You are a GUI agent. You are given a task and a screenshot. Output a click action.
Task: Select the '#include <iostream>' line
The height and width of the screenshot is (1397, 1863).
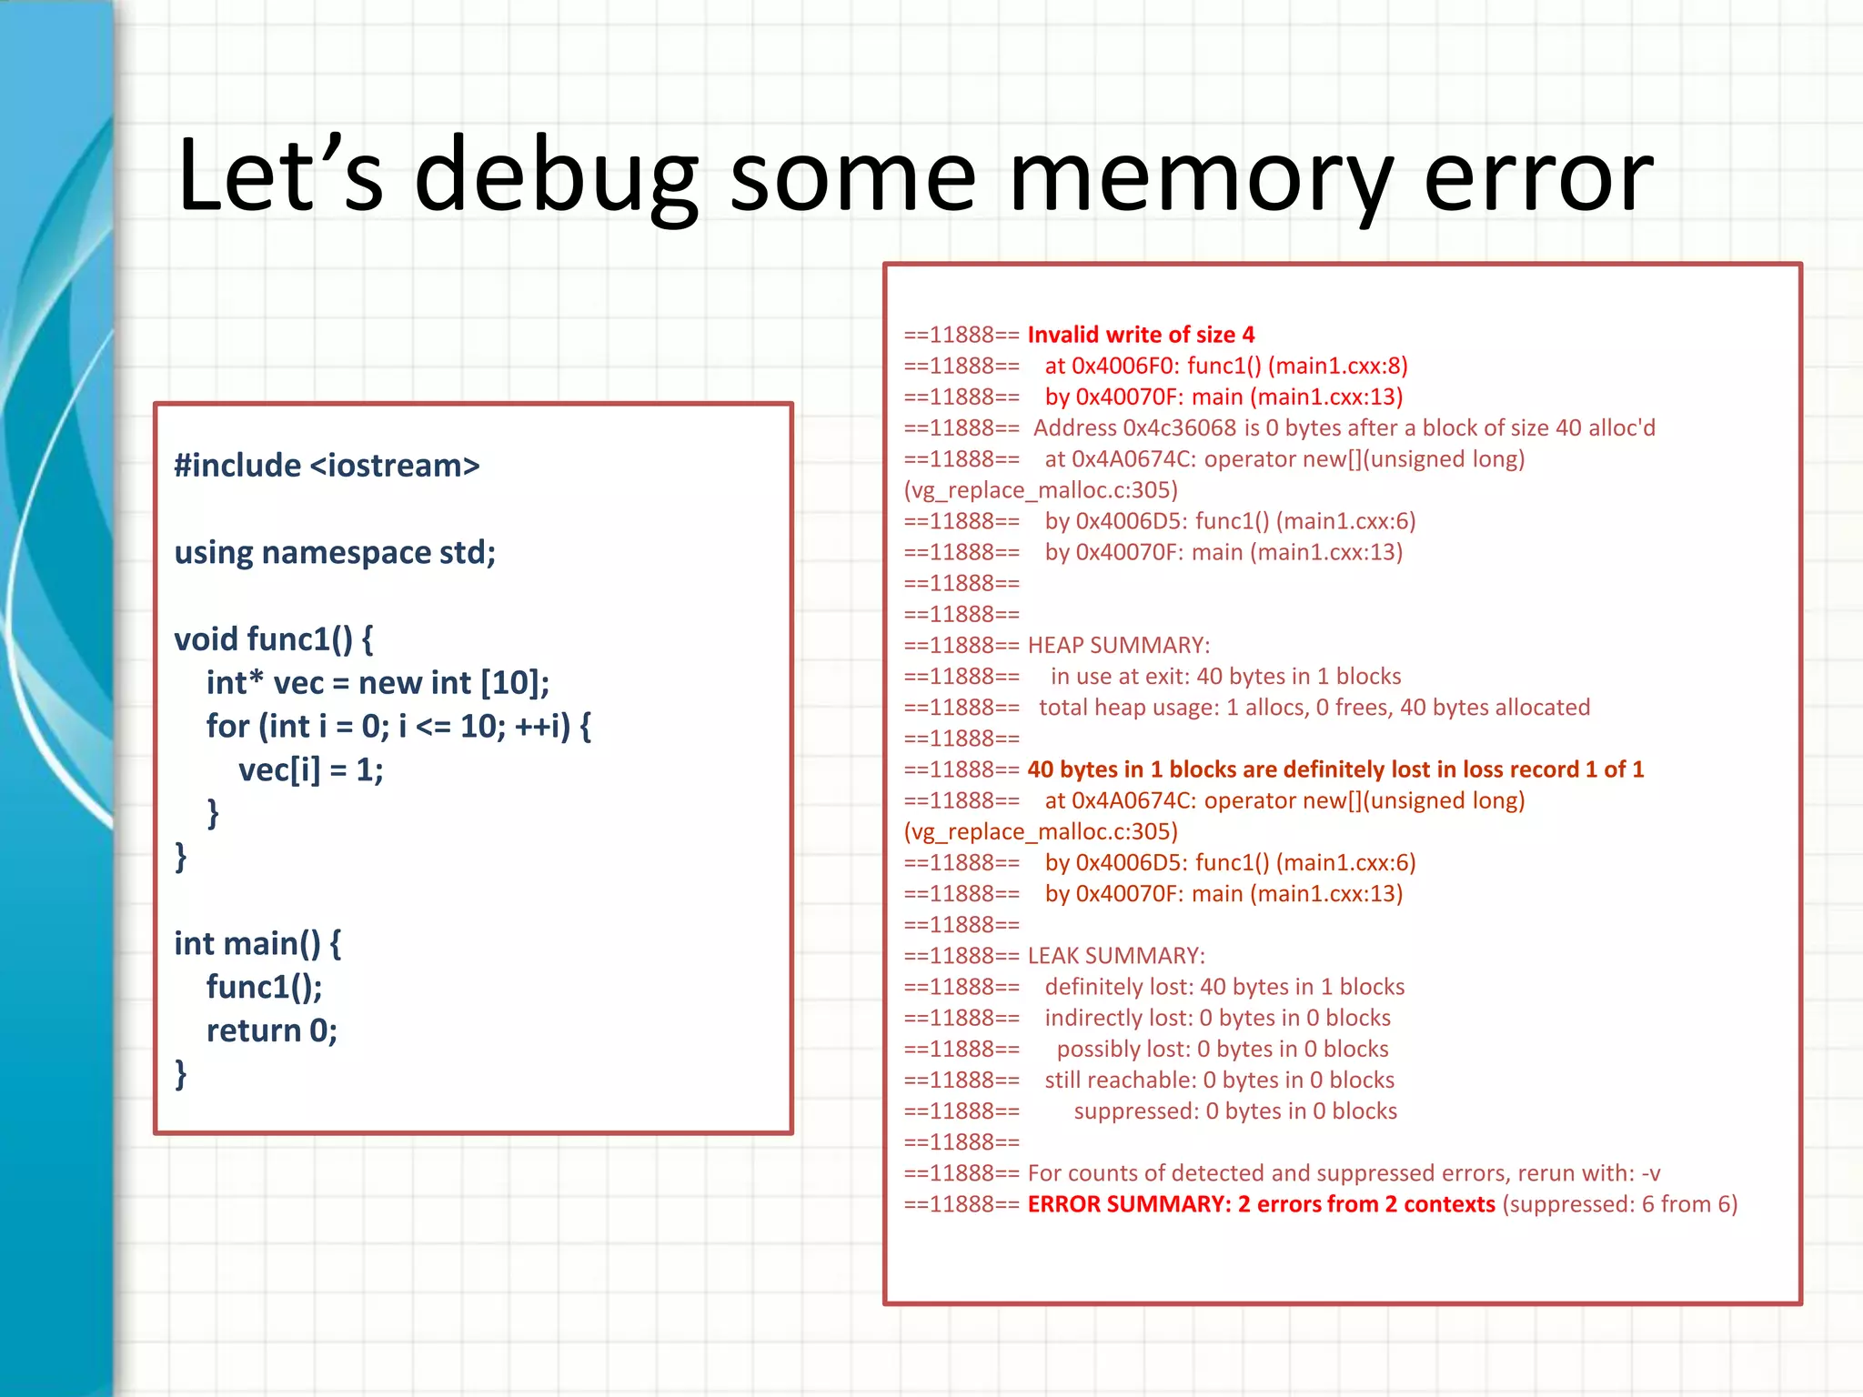tap(327, 466)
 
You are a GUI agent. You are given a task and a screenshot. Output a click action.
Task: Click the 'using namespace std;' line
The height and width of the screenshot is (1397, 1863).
tap(335, 552)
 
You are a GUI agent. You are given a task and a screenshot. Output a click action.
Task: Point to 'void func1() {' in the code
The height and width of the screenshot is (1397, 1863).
tap(273, 639)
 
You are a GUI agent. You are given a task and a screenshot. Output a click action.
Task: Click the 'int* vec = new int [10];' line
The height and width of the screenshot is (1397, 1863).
tap(378, 683)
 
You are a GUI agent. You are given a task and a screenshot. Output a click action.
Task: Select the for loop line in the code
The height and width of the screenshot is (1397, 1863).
tap(398, 727)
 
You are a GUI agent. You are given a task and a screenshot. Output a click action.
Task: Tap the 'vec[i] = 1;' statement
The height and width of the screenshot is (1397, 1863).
tap(310, 770)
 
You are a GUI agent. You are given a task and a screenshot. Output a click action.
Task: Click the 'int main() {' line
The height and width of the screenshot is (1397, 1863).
tap(257, 944)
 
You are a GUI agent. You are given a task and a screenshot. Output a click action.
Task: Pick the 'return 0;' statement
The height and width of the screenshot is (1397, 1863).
tap(271, 1030)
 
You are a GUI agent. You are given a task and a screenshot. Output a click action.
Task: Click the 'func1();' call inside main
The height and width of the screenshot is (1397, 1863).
tap(264, 987)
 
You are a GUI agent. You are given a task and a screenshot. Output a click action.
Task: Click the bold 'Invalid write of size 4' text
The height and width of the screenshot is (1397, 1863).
tap(1141, 335)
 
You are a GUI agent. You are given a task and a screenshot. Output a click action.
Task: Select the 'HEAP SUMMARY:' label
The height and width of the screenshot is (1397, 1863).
tap(1119, 645)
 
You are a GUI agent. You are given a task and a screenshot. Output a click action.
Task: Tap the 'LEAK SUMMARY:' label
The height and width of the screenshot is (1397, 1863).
tap(1116, 956)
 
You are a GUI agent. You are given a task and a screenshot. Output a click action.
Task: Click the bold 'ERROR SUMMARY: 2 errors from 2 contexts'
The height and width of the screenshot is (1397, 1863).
tap(1261, 1204)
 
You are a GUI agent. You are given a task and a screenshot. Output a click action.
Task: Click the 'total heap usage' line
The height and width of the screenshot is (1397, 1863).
tap(1314, 708)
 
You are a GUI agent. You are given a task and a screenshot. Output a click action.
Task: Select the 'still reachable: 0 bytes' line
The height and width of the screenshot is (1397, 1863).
tap(1219, 1080)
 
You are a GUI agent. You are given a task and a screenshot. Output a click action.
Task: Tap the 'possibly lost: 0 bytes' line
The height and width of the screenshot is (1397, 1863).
tap(1222, 1049)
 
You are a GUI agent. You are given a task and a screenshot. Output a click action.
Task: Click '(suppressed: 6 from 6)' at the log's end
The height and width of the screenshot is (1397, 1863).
tap(1619, 1204)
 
